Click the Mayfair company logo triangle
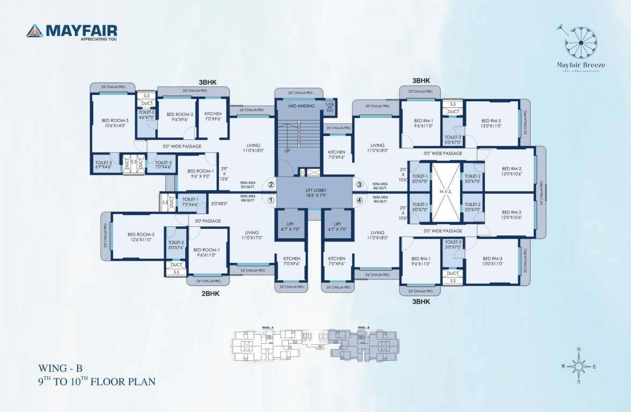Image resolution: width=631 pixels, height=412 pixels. coord(34,31)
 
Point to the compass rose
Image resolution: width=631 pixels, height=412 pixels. coord(578,366)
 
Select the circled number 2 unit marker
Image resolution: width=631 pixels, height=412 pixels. coord(271,185)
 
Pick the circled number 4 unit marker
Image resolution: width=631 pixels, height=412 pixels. coord(360,201)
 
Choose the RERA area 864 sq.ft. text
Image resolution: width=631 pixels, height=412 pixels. coord(380,200)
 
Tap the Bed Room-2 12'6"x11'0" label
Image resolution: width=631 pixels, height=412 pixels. coord(141,237)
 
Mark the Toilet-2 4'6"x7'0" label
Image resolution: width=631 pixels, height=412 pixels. coord(147,114)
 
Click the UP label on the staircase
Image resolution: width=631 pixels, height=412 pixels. coord(287,152)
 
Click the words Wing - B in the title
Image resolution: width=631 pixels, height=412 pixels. coord(61,369)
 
